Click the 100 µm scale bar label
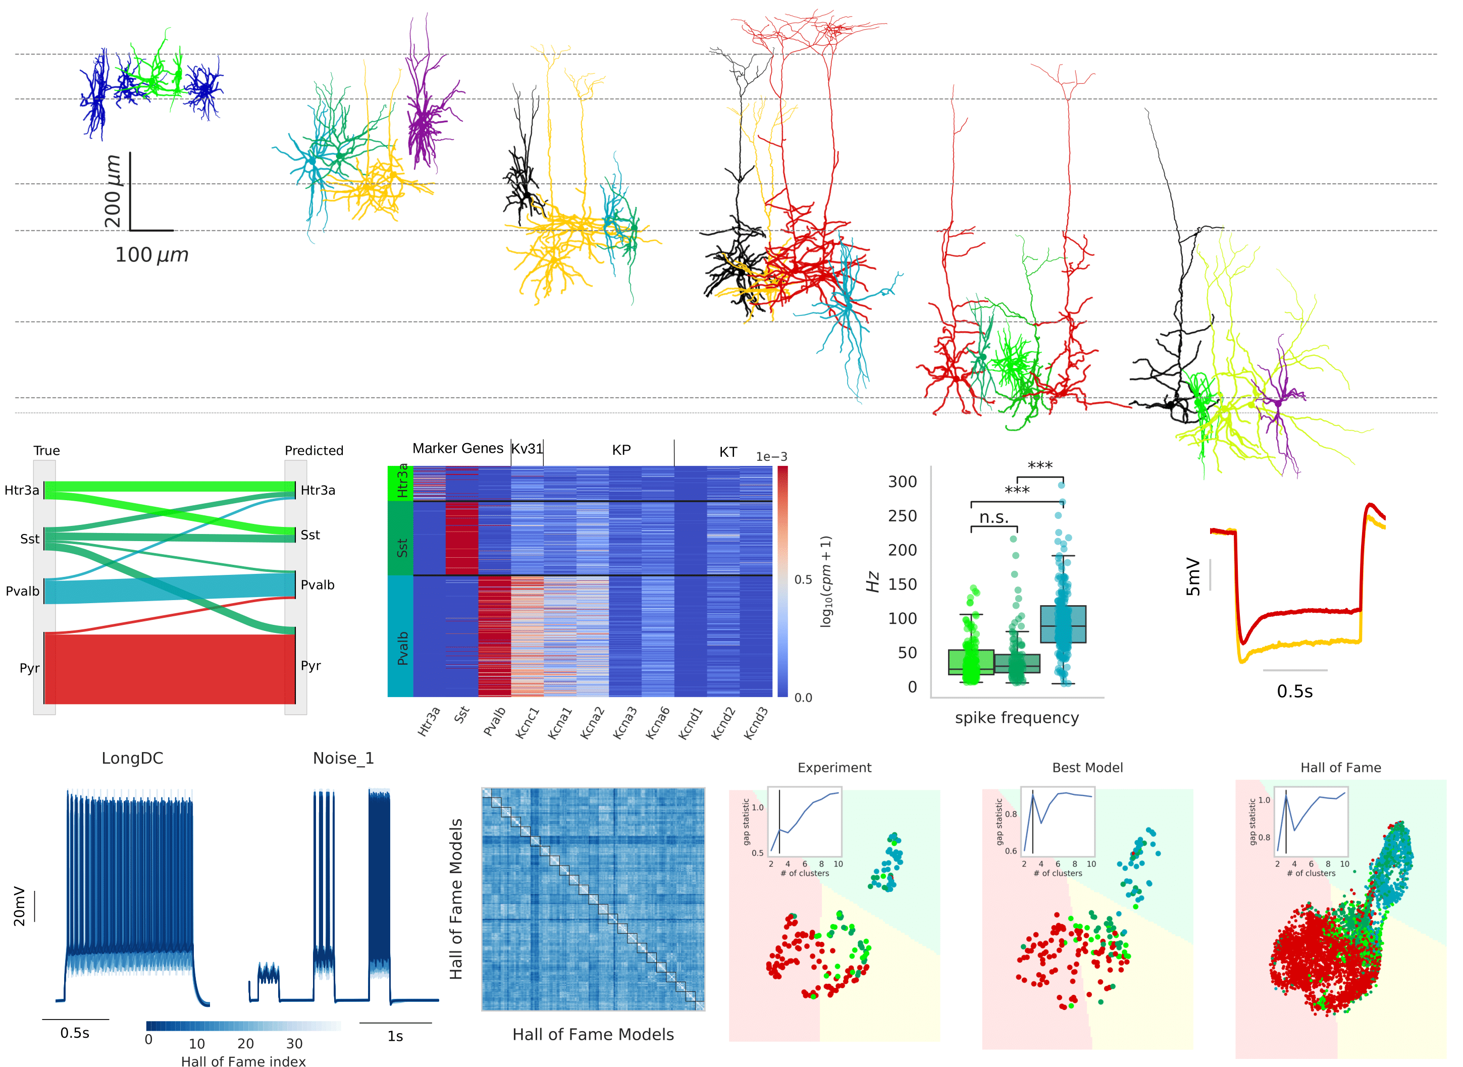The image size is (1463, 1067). pos(152,255)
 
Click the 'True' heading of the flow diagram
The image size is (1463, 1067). pos(46,451)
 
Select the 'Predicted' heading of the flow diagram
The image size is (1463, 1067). pos(314,451)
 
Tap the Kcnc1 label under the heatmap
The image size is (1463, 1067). pos(527,723)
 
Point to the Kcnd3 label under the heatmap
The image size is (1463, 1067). pos(756,723)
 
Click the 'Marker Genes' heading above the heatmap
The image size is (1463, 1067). pos(457,448)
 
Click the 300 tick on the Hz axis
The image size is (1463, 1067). pos(902,482)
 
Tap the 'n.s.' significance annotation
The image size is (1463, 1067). pos(994,517)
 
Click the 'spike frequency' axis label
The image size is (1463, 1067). pos(1017,718)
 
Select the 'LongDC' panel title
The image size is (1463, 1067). pos(132,758)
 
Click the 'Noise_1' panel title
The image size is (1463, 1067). pos(343,758)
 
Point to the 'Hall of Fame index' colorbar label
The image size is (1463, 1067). pos(243,1060)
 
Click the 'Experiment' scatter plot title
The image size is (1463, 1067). pos(834,767)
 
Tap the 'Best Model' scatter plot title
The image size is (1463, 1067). pos(1087,767)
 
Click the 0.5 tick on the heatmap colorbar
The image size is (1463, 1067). pos(803,579)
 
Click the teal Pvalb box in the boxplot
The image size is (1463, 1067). pos(1063,624)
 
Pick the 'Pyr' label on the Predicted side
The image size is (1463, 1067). pos(310,666)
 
